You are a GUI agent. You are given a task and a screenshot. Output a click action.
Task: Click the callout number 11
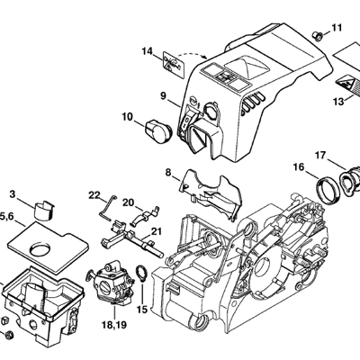(337, 28)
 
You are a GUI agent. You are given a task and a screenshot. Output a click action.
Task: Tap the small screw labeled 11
(318, 36)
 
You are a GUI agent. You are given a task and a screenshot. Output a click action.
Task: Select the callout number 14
(148, 51)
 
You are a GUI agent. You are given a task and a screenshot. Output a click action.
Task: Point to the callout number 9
(163, 96)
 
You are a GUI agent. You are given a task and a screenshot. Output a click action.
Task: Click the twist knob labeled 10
(158, 130)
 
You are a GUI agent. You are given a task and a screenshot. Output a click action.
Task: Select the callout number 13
(338, 102)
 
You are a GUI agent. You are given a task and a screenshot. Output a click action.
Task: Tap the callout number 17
(320, 156)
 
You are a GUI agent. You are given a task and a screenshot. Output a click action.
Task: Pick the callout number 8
(168, 172)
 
